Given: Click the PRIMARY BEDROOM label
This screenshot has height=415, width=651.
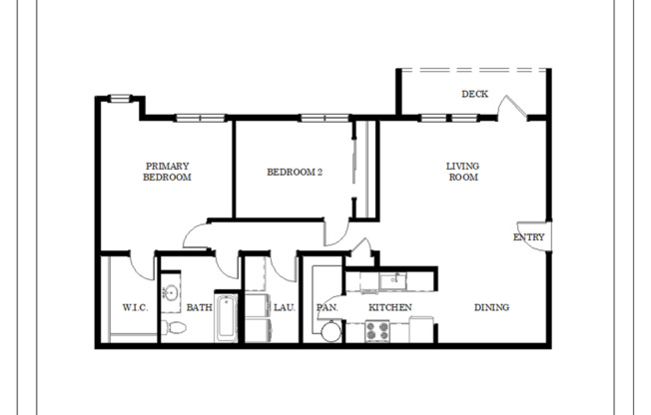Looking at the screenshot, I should click(167, 172).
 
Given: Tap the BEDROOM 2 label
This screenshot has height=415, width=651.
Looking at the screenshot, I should click(295, 172).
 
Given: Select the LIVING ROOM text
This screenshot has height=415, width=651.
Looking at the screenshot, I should click(462, 171).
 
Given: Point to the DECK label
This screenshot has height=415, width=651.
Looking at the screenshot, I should click(474, 95).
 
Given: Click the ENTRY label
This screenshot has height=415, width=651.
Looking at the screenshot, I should click(528, 237).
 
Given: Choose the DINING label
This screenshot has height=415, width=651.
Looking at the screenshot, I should click(491, 307).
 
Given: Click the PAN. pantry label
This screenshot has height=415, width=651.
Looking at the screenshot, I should click(326, 307).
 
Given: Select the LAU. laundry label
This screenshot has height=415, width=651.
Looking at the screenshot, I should click(283, 307).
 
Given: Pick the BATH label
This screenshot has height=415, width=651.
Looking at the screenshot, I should click(199, 307).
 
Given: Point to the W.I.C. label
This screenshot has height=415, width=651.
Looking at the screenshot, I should click(135, 307).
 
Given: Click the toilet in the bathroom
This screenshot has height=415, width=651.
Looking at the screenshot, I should click(173, 328).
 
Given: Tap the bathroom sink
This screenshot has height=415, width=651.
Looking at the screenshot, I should click(170, 293).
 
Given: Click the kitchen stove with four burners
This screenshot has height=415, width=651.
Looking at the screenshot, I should click(378, 333).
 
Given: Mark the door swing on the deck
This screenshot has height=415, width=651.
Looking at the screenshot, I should click(510, 108).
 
